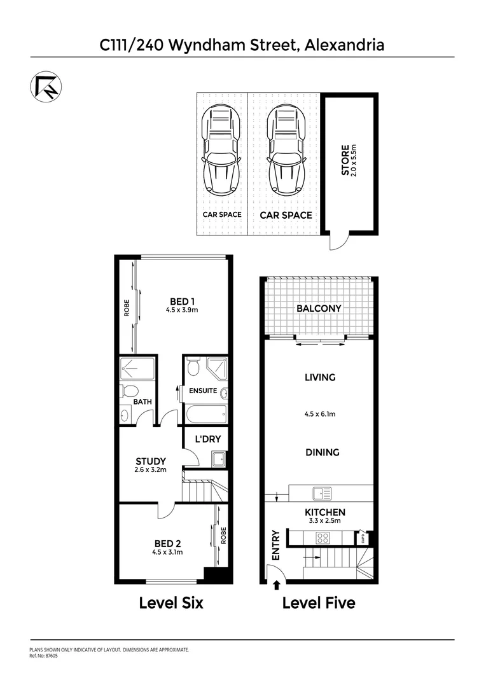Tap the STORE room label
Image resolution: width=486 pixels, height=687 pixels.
[345, 161]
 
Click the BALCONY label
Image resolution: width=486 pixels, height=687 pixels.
[319, 308]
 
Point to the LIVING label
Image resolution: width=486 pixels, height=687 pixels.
[319, 377]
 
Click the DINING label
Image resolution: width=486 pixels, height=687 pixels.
[321, 452]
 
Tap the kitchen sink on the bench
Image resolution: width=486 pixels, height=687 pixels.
[322, 492]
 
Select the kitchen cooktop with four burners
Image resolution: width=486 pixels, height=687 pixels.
[323, 537]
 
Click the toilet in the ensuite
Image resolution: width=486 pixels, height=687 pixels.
[194, 368]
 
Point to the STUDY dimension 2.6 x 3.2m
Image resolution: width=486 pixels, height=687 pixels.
[151, 471]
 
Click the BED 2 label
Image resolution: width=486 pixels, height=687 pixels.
[168, 543]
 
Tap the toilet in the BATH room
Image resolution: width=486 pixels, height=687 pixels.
[127, 391]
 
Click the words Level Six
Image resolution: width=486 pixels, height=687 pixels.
[171, 602]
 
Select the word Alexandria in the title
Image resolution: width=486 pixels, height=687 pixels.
[344, 45]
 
